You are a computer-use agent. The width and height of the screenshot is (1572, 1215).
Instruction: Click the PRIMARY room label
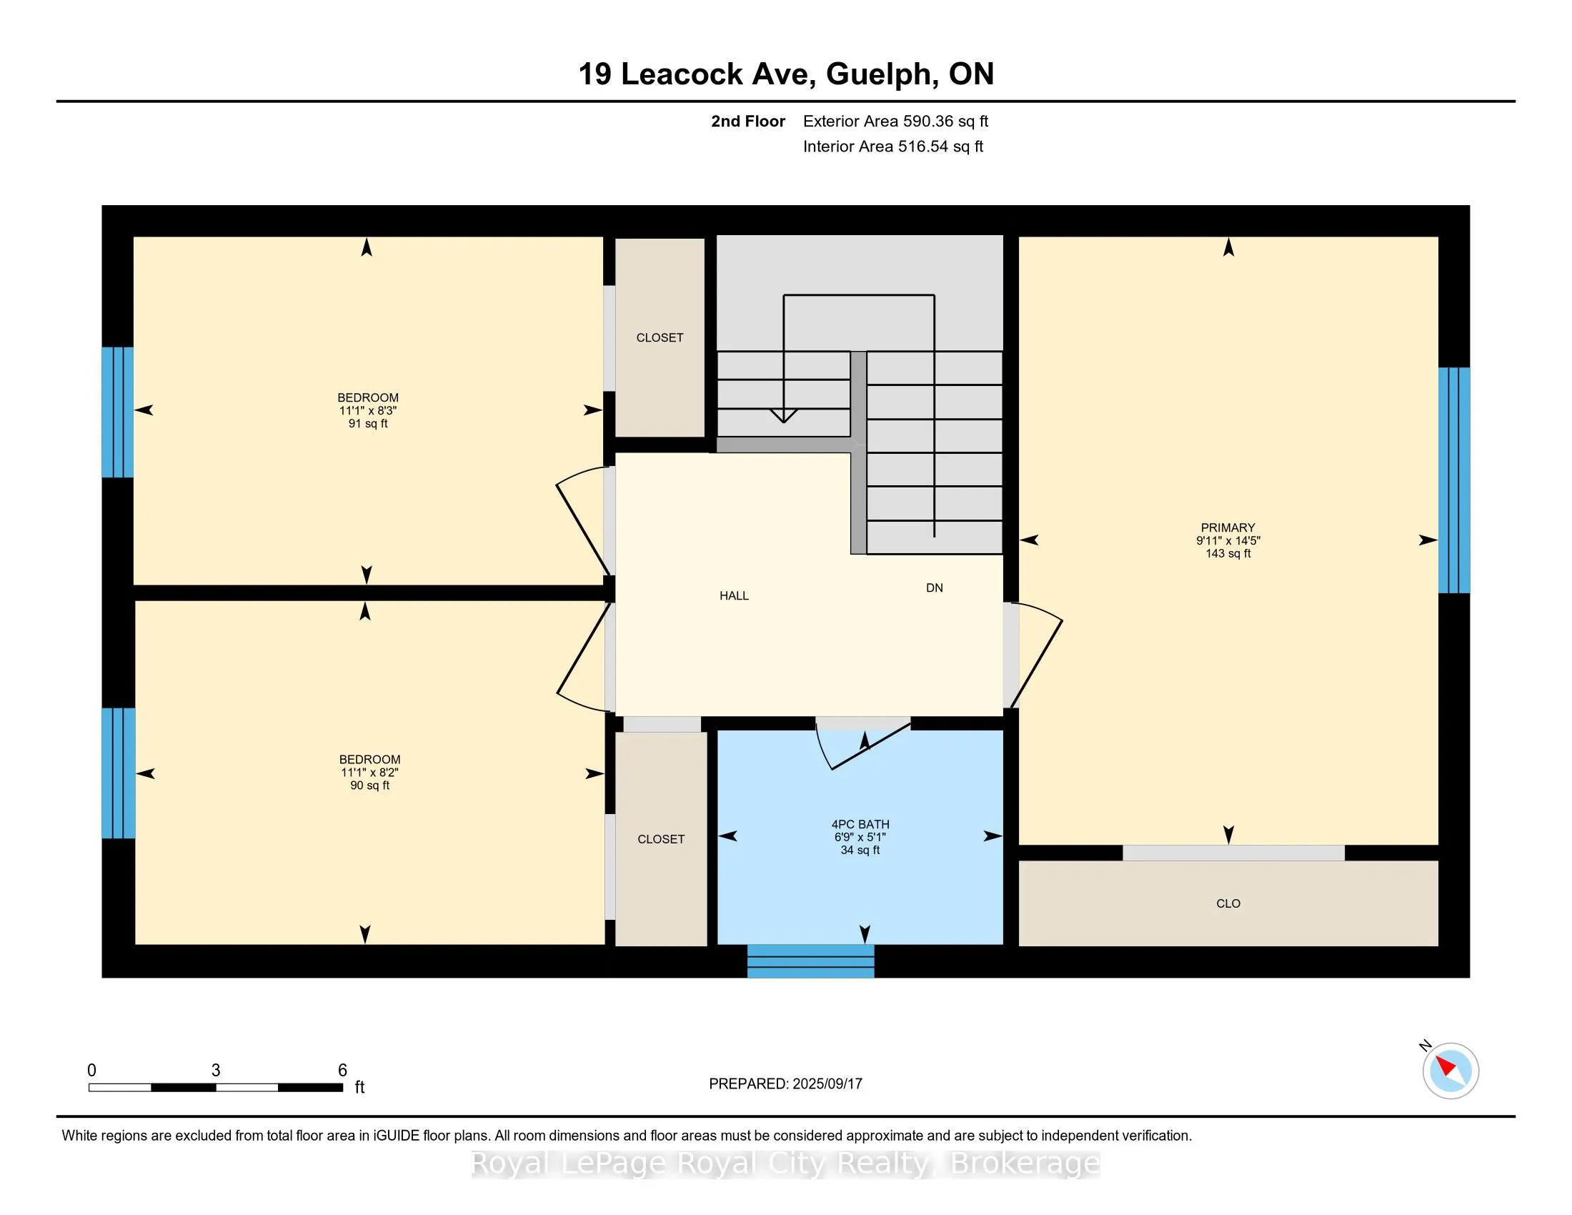click(x=1227, y=527)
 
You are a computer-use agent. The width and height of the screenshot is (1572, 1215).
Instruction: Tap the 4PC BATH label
click(x=860, y=824)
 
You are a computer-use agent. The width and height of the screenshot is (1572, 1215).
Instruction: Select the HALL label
click(x=734, y=595)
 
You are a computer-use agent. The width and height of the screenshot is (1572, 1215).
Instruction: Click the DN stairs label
click(x=935, y=587)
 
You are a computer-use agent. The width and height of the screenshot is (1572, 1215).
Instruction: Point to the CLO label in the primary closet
click(x=1228, y=903)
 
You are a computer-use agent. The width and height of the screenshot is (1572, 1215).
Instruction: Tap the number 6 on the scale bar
click(x=342, y=1071)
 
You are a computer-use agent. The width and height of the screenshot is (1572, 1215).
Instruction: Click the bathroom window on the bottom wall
click(x=810, y=961)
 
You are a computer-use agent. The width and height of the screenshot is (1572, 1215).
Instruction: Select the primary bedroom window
click(x=1453, y=480)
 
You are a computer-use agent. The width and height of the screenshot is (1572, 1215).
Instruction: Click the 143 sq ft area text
click(x=1228, y=553)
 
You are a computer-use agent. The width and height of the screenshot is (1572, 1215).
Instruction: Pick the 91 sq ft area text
click(x=368, y=423)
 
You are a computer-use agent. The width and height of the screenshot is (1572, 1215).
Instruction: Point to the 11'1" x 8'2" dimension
click(x=370, y=773)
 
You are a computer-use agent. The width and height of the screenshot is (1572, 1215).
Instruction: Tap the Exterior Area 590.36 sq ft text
click(x=895, y=121)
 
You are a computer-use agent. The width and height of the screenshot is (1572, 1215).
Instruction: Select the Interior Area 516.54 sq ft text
click(x=893, y=146)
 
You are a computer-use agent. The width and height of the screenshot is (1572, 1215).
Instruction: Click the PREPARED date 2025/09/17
click(x=826, y=1083)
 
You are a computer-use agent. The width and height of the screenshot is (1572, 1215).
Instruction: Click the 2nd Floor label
click(x=748, y=121)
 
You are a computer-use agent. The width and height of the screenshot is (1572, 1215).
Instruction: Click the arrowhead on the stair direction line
click(x=783, y=415)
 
